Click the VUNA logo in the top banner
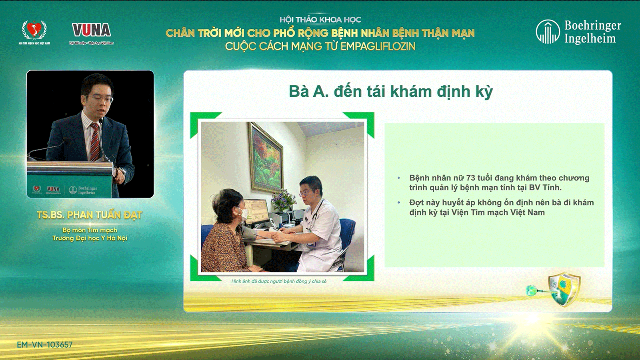[x=91, y=30]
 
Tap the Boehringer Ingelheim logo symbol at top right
[x=548, y=32]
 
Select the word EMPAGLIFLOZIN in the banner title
[x=378, y=46]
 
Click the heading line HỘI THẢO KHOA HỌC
[x=320, y=20]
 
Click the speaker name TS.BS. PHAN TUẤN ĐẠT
[x=90, y=215]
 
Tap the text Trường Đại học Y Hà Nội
[x=90, y=238]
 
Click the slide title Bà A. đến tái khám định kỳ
[x=391, y=92]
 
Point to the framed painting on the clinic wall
[x=266, y=158]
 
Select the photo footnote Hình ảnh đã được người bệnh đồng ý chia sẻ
[x=279, y=281]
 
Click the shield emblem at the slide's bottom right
[x=564, y=289]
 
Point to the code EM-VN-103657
[x=45, y=344]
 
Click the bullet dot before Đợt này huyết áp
[x=399, y=202]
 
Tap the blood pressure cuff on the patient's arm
[x=250, y=232]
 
